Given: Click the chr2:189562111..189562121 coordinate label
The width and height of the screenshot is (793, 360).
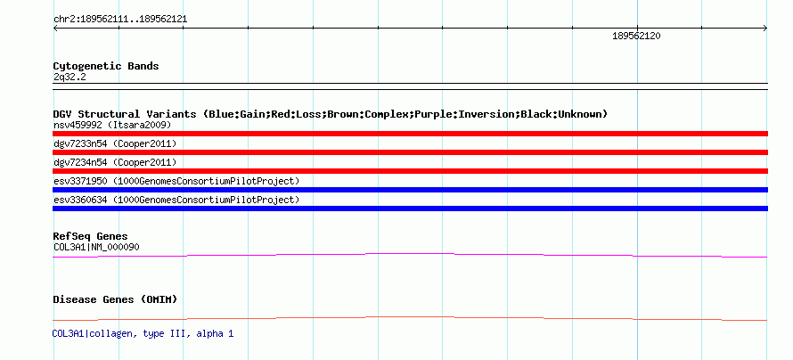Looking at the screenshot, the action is tap(120, 20).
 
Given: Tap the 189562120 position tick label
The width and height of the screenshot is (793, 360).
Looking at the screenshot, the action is tap(636, 36).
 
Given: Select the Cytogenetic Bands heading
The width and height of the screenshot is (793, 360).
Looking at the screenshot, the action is tap(106, 66).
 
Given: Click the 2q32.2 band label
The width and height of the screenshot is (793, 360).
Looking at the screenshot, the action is tap(69, 77).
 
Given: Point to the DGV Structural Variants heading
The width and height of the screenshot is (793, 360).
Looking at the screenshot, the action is tap(331, 114).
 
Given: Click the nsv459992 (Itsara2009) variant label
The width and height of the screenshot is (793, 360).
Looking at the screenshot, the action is tap(112, 125).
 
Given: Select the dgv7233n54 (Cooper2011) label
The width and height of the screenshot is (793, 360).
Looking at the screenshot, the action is tap(115, 143).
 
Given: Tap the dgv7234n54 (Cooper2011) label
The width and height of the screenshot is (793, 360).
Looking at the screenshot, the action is tap(115, 162).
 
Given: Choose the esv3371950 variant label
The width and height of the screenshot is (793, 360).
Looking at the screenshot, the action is tap(176, 181).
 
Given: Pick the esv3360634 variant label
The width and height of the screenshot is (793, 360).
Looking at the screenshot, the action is tap(176, 200).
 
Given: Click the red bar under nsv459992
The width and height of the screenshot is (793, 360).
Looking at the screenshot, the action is tap(410, 134).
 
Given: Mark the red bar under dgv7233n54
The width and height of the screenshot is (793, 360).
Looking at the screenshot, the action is tap(410, 152).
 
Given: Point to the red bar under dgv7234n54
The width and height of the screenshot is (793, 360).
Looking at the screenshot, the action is tap(410, 171).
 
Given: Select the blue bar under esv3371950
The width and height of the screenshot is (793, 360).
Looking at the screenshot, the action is tap(410, 190).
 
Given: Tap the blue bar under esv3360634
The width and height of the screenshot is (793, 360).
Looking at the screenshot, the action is tap(410, 209).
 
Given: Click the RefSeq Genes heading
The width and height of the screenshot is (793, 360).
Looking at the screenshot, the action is tap(91, 236).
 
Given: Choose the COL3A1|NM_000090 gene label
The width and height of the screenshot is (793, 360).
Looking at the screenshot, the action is tap(96, 247).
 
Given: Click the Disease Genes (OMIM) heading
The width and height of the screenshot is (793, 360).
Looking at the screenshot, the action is tap(115, 299).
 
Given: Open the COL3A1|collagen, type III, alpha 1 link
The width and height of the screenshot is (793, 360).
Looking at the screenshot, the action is tap(143, 333).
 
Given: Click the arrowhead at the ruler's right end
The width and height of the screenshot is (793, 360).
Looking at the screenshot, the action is tap(766, 29).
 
